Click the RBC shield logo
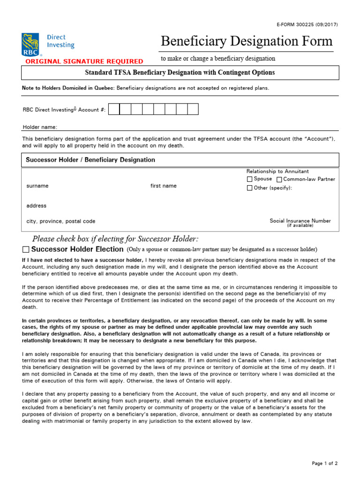click(31, 45)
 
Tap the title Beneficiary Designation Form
click(247, 41)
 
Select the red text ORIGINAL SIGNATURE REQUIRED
click(84, 61)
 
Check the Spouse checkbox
click(250, 179)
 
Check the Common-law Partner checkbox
click(279, 180)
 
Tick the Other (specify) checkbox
click(250, 188)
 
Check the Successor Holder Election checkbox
click(26, 249)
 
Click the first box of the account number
click(114, 109)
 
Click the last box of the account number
click(193, 109)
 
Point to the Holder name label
click(40, 127)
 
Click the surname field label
click(37, 186)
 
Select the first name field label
click(164, 186)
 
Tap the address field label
click(37, 206)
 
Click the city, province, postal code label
click(61, 221)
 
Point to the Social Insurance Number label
click(300, 221)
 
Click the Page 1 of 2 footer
click(324, 464)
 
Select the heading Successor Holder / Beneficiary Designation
click(90, 160)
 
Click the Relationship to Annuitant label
click(277, 172)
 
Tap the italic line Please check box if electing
click(115, 239)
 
